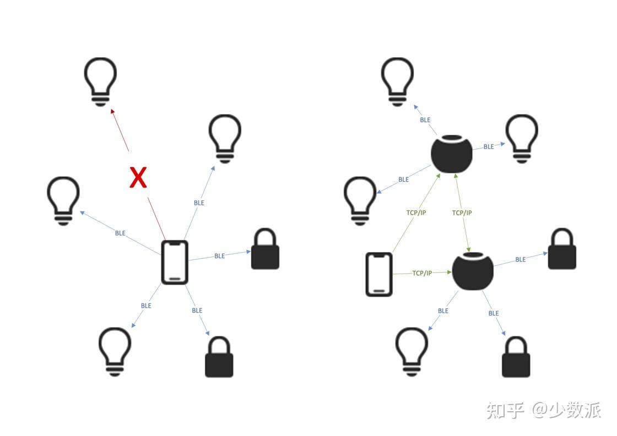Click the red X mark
pyautogui.click(x=138, y=178)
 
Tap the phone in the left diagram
pyautogui.click(x=175, y=262)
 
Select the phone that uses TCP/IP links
pyautogui.click(x=379, y=274)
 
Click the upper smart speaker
pyautogui.click(x=452, y=154)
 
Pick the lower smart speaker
pyautogui.click(x=473, y=271)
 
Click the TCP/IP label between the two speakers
pyautogui.click(x=462, y=212)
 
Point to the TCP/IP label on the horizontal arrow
pyautogui.click(x=422, y=273)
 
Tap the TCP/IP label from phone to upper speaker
pyautogui.click(x=416, y=212)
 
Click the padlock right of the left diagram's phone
pyautogui.click(x=265, y=250)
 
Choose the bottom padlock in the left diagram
pyautogui.click(x=219, y=357)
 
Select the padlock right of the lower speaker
pyautogui.click(x=562, y=250)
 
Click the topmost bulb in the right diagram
pyautogui.click(x=398, y=81)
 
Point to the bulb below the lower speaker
pyautogui.click(x=412, y=351)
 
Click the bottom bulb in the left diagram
pyautogui.click(x=115, y=351)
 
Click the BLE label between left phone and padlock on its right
pyautogui.click(x=219, y=255)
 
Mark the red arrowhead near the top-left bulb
pyautogui.click(x=113, y=111)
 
